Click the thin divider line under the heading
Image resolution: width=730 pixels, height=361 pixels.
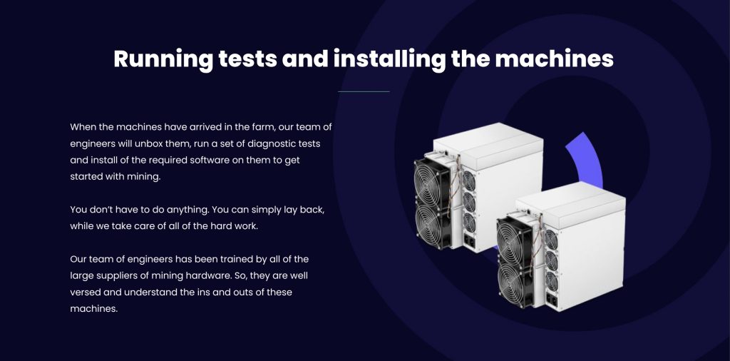(364, 92)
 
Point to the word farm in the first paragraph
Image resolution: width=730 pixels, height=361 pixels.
(262, 127)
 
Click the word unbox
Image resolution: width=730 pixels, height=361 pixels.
(176, 143)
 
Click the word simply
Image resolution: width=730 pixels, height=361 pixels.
(266, 210)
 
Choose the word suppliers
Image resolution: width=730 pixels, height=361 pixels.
(128, 276)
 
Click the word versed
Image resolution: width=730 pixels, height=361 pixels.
(84, 292)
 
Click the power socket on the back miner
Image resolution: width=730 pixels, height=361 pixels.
(469, 242)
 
